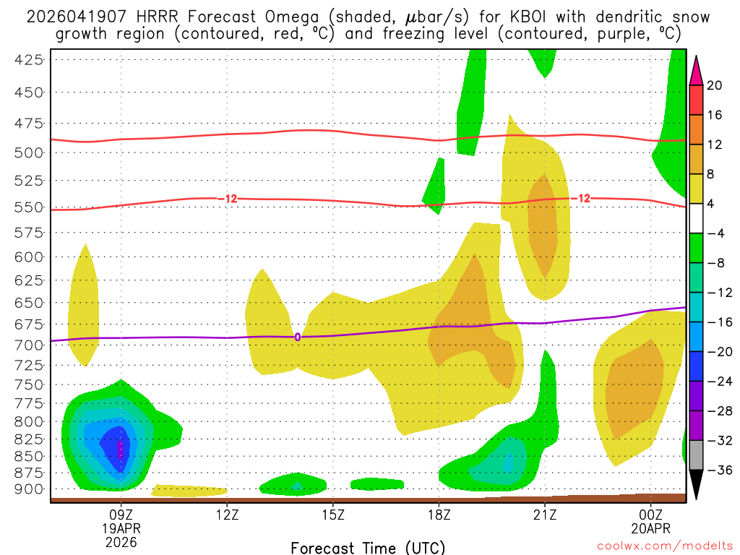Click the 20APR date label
pos(650,528)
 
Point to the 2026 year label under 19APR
pos(121,541)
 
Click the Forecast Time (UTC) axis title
pos(368,547)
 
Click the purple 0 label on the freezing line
pos(297,337)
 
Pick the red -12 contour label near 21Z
pos(580,198)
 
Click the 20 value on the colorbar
pos(715,85)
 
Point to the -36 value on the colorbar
pos(718,470)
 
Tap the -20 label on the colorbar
pos(718,352)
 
